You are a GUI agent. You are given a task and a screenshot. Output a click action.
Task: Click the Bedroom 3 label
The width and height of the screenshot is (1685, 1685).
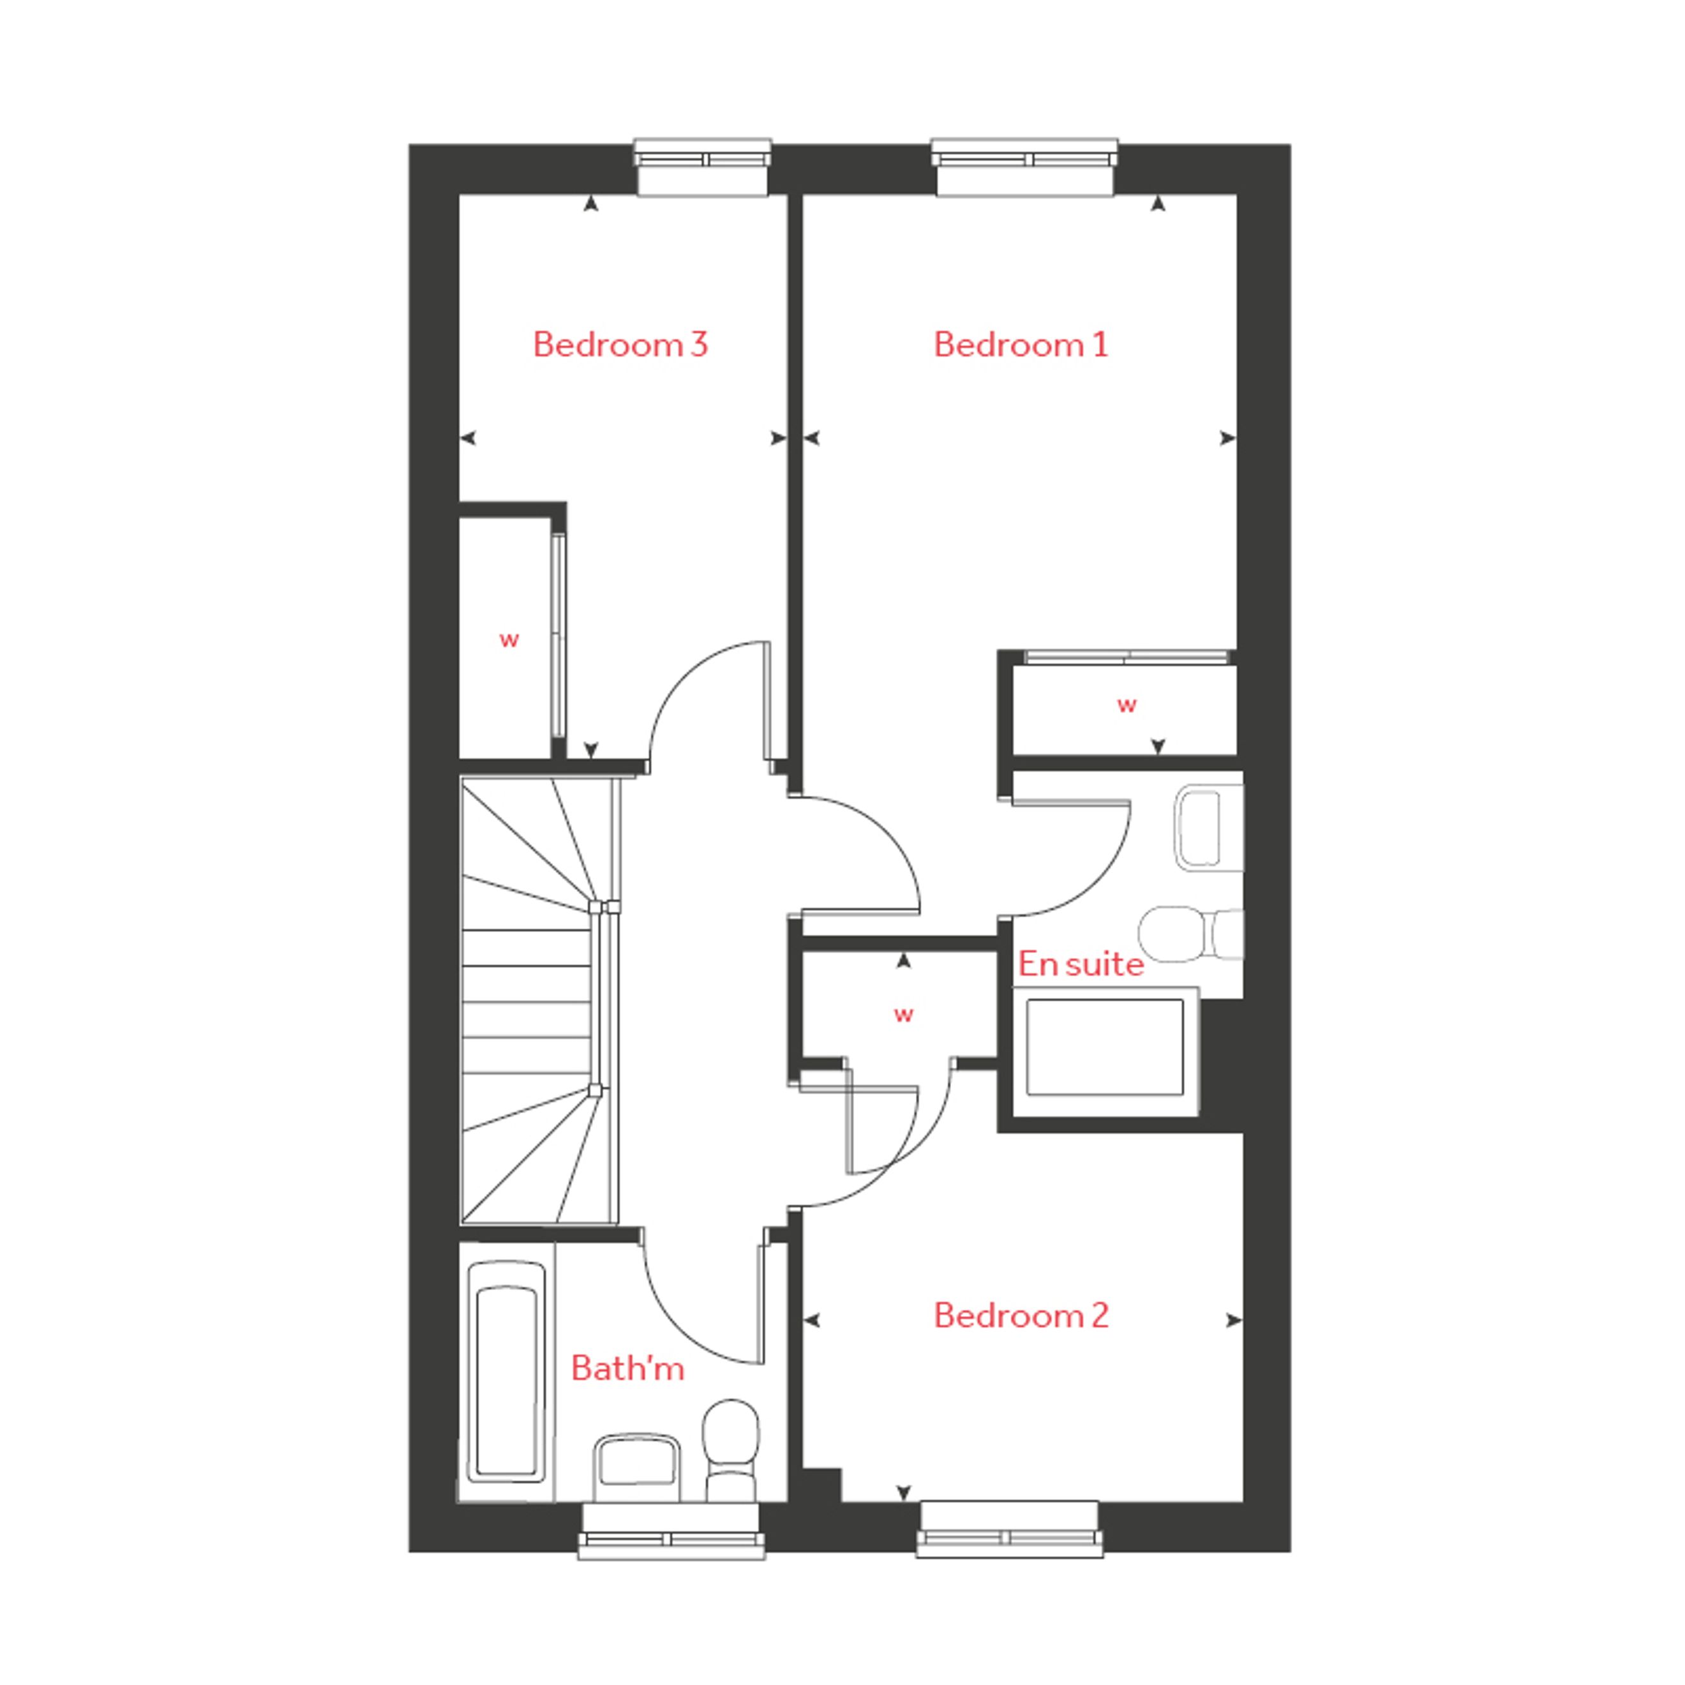point(620,345)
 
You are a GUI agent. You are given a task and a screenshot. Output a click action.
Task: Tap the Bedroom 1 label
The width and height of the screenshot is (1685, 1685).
point(1021,345)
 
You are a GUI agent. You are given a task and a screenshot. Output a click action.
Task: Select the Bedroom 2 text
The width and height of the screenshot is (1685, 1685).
point(1021,1315)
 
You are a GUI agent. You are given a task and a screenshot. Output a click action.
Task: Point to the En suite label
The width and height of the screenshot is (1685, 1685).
point(1081,964)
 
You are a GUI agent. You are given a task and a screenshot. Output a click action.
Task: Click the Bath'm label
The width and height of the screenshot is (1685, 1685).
point(627,1368)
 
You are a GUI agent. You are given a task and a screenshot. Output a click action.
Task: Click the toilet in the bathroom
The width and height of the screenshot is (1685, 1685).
point(731,1449)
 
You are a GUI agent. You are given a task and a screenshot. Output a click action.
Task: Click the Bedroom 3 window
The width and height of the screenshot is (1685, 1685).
point(702,167)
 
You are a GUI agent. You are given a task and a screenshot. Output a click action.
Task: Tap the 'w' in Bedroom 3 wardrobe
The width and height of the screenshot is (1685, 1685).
point(509,640)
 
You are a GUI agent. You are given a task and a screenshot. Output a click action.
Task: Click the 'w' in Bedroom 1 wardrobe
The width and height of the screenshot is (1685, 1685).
point(1127,705)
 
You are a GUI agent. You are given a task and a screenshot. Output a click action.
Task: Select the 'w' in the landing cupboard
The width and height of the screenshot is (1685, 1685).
point(904,1014)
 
